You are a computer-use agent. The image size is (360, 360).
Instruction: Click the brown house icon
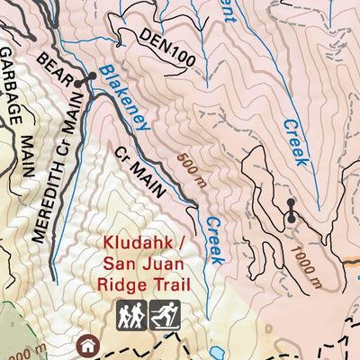(x=87, y=343)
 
